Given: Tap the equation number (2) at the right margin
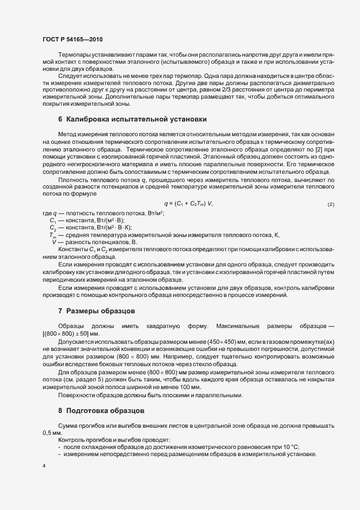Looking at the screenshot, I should point(331,204).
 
